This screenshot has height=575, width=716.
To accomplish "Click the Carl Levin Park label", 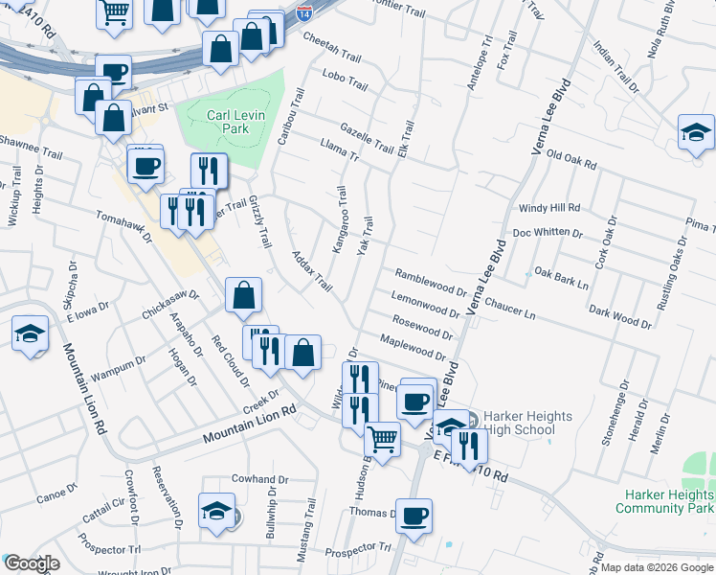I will click(228, 122).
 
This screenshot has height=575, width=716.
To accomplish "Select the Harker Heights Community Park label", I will click(664, 501).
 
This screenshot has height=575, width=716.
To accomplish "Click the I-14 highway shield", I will click(303, 14).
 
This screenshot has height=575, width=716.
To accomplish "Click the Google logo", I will click(33, 563).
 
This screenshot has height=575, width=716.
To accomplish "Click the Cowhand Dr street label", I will click(259, 479).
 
